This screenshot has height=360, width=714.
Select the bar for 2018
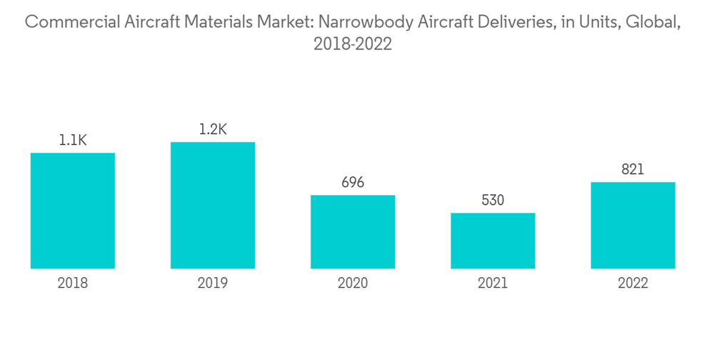[x=73, y=211]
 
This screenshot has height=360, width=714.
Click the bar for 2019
[x=213, y=205]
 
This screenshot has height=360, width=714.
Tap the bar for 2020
[x=353, y=231]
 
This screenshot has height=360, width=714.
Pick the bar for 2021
[x=493, y=241]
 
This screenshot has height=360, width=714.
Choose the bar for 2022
[x=633, y=225]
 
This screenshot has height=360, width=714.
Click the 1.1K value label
[x=73, y=141]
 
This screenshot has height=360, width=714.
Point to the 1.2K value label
[x=213, y=129]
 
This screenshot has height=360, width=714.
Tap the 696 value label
[x=353, y=183]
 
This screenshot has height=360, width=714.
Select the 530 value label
[x=493, y=201]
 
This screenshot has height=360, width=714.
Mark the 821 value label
[x=633, y=169]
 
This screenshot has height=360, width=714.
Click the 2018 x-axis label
[x=73, y=284]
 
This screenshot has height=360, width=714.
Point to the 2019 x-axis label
[x=213, y=284]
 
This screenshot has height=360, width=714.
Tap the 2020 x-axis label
[x=353, y=284]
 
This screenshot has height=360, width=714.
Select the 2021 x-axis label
[x=493, y=284]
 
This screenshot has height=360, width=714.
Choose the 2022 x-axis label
[x=633, y=284]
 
